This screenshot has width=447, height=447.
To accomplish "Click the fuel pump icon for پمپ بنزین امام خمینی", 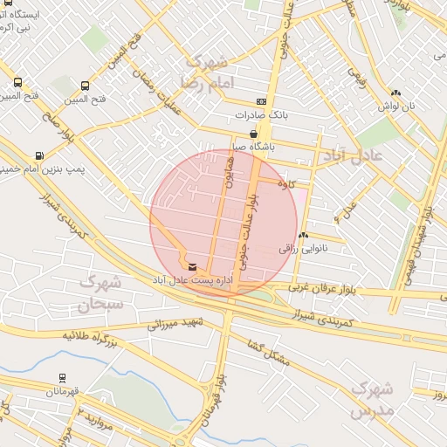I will (39, 155).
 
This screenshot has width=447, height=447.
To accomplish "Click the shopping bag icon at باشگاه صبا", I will (253, 134).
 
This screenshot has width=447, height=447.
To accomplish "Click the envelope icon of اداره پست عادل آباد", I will (192, 266).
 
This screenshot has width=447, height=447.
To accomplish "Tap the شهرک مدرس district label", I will (375, 399).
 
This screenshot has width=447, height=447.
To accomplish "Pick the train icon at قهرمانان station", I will (62, 378).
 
